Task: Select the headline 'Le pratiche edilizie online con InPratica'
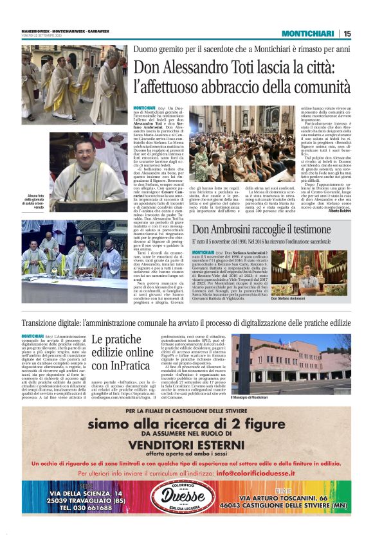click(x=122, y=352)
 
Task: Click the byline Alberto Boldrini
click(x=339, y=211)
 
